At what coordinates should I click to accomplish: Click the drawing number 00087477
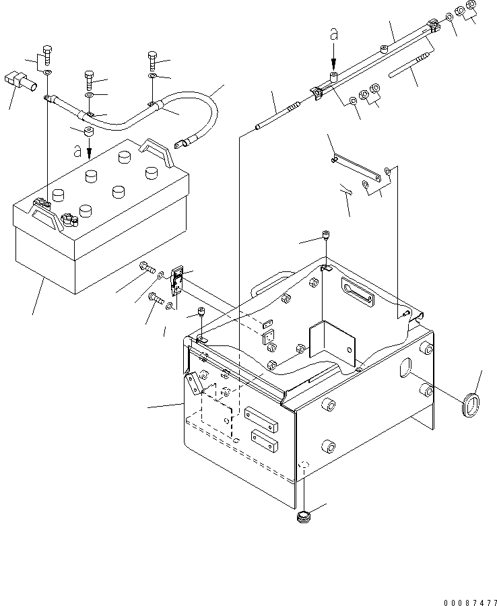470,602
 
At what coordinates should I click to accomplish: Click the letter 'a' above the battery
77,151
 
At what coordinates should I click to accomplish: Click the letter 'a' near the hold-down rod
334,34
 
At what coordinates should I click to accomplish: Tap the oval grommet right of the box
471,405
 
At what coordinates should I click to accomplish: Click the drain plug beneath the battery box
304,516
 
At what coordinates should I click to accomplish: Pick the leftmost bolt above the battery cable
46,56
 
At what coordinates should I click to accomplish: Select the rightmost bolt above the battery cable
153,61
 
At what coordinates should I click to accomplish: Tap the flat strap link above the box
356,168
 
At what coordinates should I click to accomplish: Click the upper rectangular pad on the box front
261,419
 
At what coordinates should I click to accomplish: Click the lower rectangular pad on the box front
265,440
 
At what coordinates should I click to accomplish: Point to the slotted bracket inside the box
358,291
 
